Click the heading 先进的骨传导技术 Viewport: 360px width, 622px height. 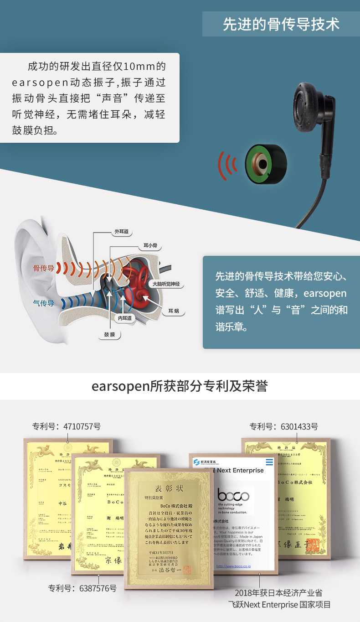pos(281,24)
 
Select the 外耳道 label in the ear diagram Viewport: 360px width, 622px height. pos(122,232)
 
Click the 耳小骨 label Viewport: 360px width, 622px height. pos(150,246)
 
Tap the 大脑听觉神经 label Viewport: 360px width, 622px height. pos(166,284)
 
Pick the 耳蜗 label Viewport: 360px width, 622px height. pos(173,311)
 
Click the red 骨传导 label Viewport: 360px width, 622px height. pos(43,269)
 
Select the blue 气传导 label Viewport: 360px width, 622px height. pos(43,303)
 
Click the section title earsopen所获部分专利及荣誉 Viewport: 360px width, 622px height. pos(180,386)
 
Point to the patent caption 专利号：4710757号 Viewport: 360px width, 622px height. pos(67,427)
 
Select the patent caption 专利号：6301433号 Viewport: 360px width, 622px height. pos(284,427)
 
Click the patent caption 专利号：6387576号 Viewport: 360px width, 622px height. pos(82,588)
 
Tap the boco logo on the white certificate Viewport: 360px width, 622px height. pos(233,496)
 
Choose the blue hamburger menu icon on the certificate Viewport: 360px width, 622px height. pos(270,462)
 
